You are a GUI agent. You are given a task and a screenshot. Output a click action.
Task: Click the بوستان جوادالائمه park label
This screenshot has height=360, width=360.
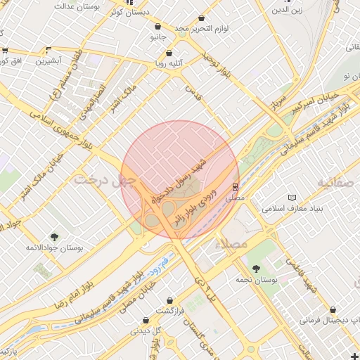point(50,248)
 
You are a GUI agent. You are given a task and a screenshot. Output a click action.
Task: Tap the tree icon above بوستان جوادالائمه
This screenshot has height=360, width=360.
point(54,237)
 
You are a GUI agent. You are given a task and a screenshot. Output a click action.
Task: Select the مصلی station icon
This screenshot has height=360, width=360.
point(235,187)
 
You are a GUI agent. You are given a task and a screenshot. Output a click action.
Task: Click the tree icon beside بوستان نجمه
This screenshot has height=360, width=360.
point(255,268)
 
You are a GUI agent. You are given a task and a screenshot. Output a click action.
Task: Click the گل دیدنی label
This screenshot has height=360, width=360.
point(148,330)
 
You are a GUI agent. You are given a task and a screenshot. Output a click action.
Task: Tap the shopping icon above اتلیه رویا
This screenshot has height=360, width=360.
point(169,53)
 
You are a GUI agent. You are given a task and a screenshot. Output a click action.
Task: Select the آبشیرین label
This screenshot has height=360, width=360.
point(49,61)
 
